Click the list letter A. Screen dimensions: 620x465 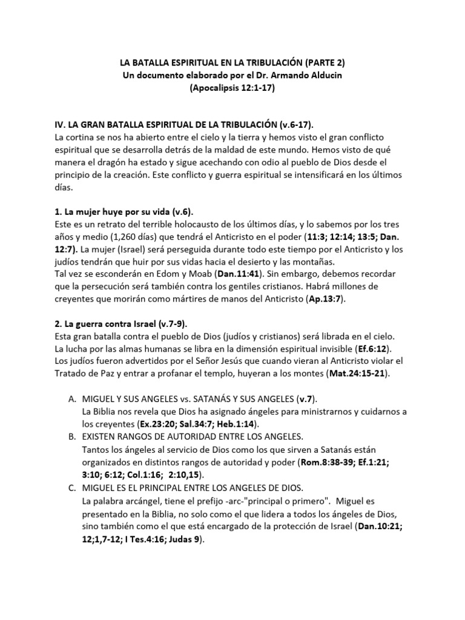[x=70, y=400]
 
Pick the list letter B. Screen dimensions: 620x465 [x=70, y=437]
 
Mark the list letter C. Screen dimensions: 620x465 [x=70, y=488]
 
